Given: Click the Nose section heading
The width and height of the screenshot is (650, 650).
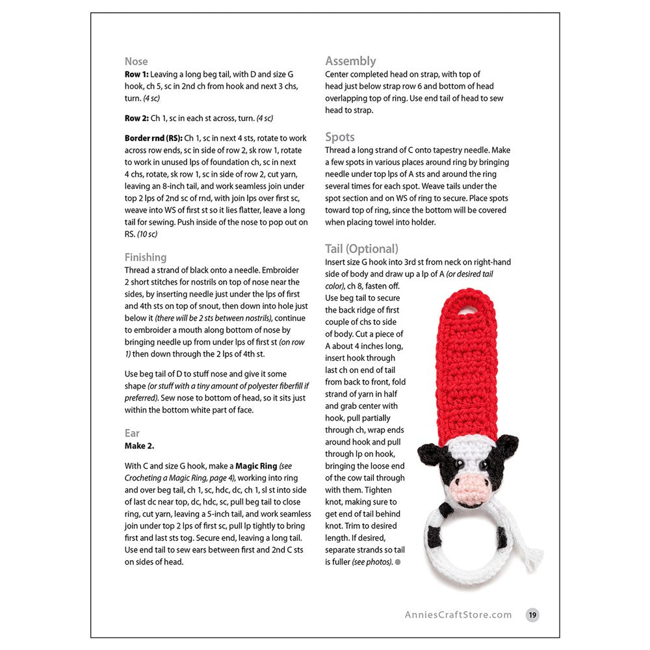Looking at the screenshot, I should (x=136, y=62).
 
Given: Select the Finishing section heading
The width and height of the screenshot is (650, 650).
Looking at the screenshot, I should (x=146, y=257).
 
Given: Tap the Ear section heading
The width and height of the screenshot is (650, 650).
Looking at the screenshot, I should (x=132, y=433).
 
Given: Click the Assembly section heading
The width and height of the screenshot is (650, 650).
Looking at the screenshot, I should (x=350, y=61).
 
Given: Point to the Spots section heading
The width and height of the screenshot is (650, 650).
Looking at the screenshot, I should (x=340, y=137).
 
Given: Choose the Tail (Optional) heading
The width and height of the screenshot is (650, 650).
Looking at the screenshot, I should (x=361, y=249).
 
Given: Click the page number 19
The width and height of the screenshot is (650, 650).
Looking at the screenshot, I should (x=532, y=615).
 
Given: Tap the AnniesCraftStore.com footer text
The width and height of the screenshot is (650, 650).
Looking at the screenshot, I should (x=458, y=615).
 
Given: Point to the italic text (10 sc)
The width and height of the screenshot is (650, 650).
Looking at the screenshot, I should (x=142, y=234).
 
